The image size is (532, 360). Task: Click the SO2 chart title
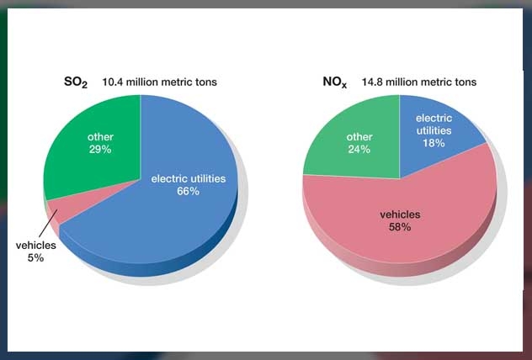click(77, 82)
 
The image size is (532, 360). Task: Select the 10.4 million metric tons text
click(160, 82)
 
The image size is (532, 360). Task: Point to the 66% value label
click(188, 192)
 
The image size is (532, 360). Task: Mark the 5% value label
click(35, 257)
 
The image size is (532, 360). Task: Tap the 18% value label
click(434, 144)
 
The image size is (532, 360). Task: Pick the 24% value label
click(359, 150)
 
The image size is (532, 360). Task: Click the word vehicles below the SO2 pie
click(35, 245)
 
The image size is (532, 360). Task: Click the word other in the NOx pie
click(359, 137)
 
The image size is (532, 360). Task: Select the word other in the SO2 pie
click(100, 136)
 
